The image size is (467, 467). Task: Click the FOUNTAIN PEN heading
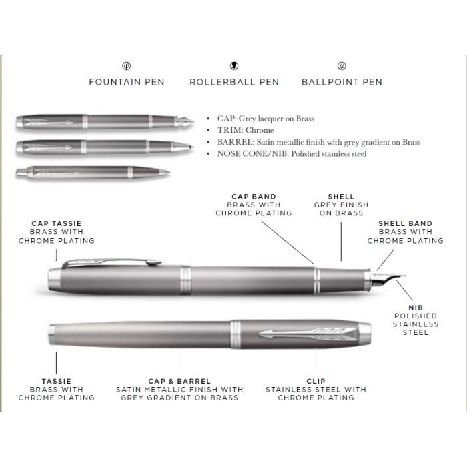point(127,82)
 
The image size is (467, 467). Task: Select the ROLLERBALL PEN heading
point(234,82)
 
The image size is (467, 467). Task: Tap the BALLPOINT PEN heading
point(342,82)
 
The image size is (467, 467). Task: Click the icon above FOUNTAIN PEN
point(127,65)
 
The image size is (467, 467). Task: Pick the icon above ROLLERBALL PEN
point(234,65)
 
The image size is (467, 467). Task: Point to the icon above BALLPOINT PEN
point(342,65)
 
